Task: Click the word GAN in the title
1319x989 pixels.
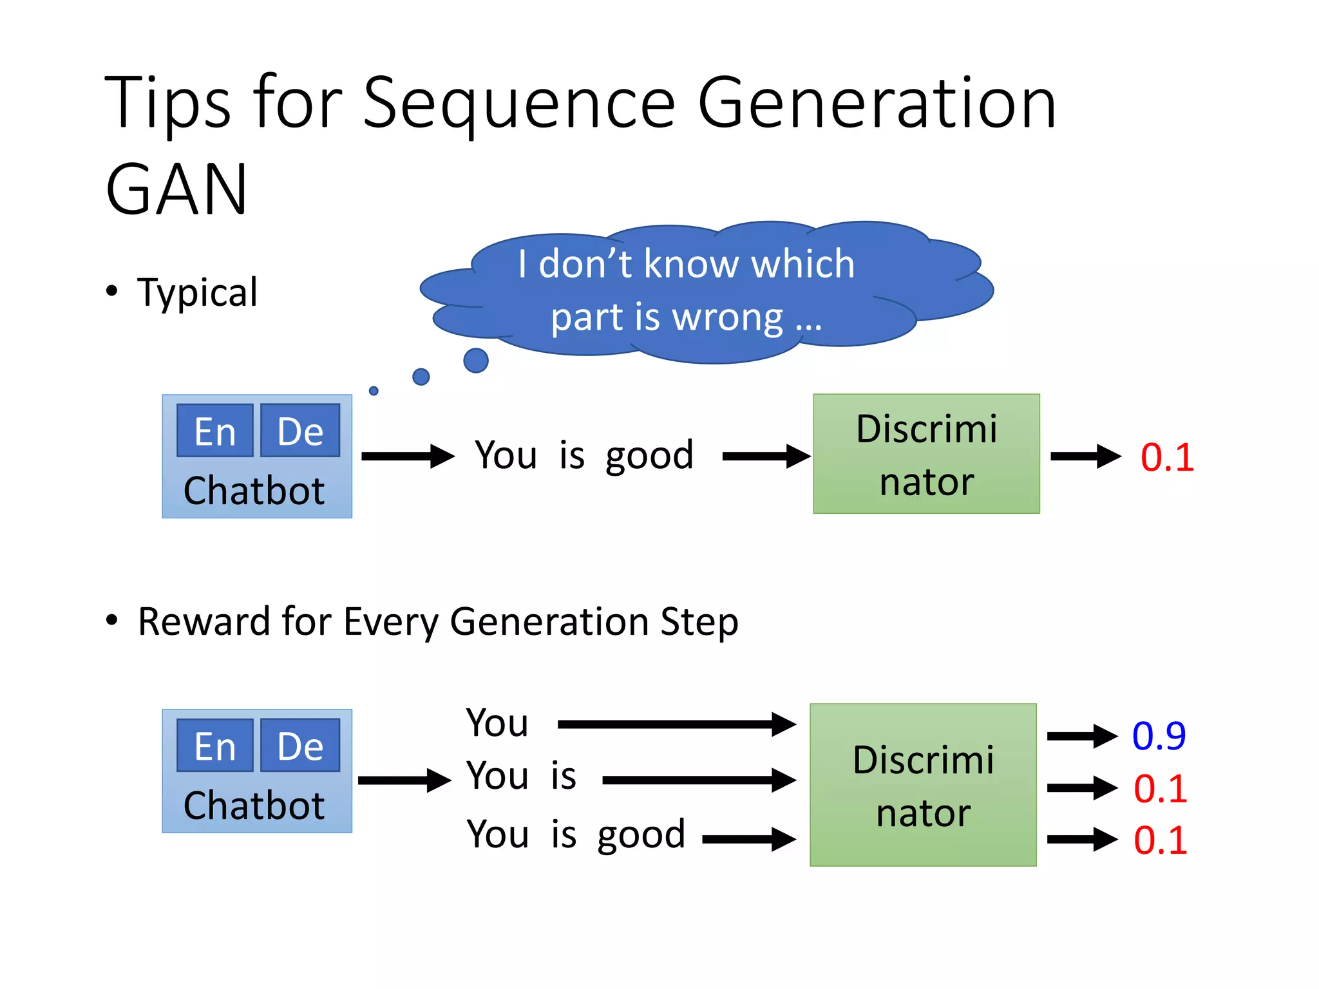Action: point(176,190)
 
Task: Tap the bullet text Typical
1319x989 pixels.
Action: point(197,292)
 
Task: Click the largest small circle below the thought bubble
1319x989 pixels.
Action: point(475,361)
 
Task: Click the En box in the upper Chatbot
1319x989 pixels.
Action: point(215,431)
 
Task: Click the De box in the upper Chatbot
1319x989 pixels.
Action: point(300,431)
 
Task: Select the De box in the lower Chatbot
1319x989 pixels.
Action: point(300,746)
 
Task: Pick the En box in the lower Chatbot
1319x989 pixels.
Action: point(215,746)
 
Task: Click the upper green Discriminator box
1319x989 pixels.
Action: point(926,454)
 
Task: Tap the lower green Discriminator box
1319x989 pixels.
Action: point(923,785)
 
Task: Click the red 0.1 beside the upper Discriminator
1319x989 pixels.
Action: point(1167,458)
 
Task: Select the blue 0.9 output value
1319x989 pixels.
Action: point(1159,735)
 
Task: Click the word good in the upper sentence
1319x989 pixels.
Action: point(649,456)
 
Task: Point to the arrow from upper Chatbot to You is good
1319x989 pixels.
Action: point(408,457)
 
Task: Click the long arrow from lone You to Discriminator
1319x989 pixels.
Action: point(676,724)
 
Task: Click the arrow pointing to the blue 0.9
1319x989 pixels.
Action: point(1082,736)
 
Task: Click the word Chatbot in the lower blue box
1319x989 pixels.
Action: point(254,805)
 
